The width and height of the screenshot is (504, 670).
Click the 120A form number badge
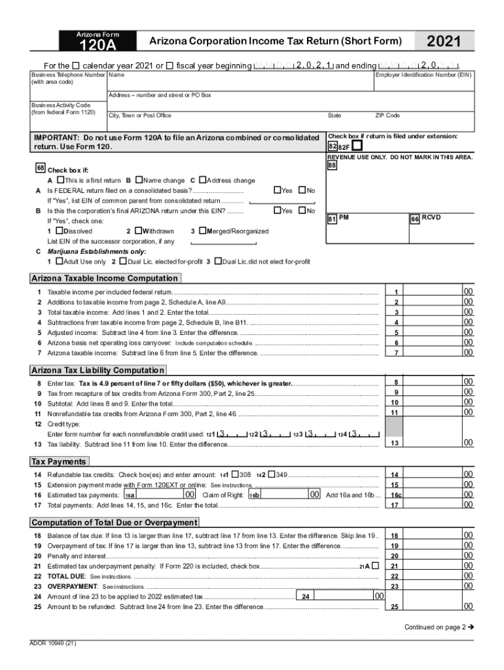pos(98,45)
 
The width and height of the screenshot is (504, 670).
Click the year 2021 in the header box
pos(443,43)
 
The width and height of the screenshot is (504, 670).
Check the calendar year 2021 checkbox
pos(76,65)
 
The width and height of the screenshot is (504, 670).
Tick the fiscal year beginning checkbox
pos(170,65)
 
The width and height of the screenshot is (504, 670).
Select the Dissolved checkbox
pos(60,231)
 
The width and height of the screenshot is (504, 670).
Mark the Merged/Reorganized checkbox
pos(202,231)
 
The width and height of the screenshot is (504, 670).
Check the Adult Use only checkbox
pos(60,262)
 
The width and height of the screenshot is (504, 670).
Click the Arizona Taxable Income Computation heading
pos(105,279)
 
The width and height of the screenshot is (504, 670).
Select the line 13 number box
pos(395,444)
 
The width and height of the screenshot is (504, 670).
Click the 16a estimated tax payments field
pos(157,495)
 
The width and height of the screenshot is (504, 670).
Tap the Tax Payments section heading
pos(59,461)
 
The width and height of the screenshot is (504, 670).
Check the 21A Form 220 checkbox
pos(375,565)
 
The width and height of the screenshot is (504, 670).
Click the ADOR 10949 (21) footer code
pos(53,644)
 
